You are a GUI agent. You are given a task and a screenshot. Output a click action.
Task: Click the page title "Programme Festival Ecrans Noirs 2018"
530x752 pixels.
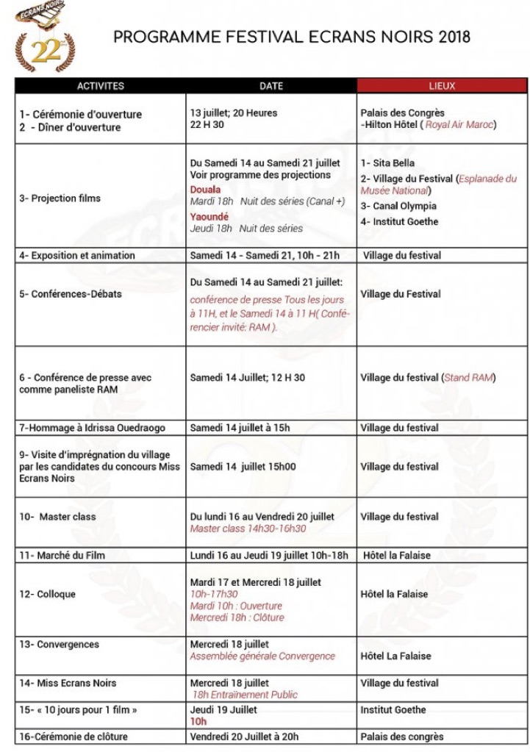click(292, 37)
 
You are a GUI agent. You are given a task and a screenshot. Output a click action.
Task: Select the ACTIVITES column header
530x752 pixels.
click(101, 86)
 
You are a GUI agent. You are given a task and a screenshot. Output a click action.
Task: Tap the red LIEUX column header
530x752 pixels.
click(442, 86)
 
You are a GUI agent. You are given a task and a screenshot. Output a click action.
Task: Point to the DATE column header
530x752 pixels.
click(271, 86)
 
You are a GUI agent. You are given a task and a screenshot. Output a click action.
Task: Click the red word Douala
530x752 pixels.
click(205, 189)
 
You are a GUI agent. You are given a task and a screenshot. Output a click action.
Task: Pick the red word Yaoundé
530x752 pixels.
click(209, 217)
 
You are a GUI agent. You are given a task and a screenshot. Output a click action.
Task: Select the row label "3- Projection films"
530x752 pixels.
click(60, 198)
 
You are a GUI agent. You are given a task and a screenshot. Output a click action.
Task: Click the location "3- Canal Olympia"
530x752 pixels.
click(398, 206)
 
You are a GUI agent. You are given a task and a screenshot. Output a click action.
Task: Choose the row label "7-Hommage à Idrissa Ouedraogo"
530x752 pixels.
click(91, 428)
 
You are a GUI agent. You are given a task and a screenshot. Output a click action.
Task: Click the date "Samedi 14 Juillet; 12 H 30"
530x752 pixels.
click(247, 378)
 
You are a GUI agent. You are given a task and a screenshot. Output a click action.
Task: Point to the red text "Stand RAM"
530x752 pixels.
click(468, 378)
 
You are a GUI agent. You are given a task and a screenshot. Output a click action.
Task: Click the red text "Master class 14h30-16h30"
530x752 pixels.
click(248, 529)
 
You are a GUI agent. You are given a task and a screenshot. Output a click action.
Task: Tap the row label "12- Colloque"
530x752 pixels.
click(47, 594)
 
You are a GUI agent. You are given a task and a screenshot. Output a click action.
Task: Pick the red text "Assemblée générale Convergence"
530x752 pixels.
click(262, 656)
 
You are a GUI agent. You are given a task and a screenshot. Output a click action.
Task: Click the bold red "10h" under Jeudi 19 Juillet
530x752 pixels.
click(198, 723)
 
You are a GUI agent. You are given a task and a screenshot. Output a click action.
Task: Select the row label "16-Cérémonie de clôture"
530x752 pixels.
click(74, 737)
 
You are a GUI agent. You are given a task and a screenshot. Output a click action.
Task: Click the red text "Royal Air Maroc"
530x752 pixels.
click(461, 125)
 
